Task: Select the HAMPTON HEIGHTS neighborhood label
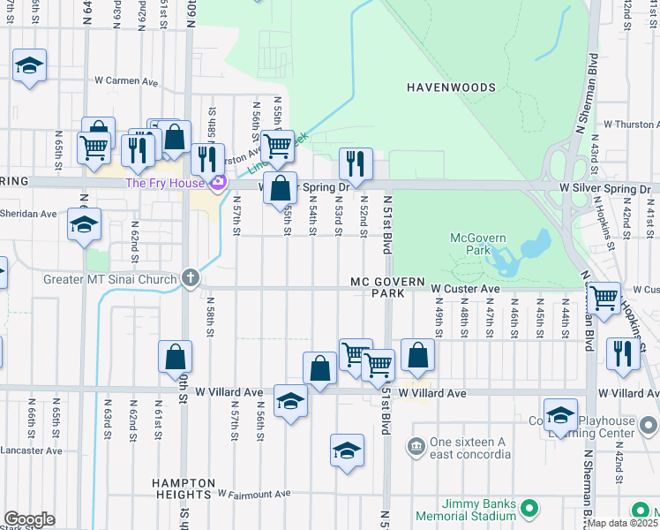[183, 490]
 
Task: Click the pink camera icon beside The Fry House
[217, 183]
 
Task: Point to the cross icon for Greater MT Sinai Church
[190, 278]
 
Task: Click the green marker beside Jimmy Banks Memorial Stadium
[529, 508]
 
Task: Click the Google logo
[28, 519]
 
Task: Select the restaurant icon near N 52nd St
[356, 163]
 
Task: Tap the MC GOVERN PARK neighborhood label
[382, 286]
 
